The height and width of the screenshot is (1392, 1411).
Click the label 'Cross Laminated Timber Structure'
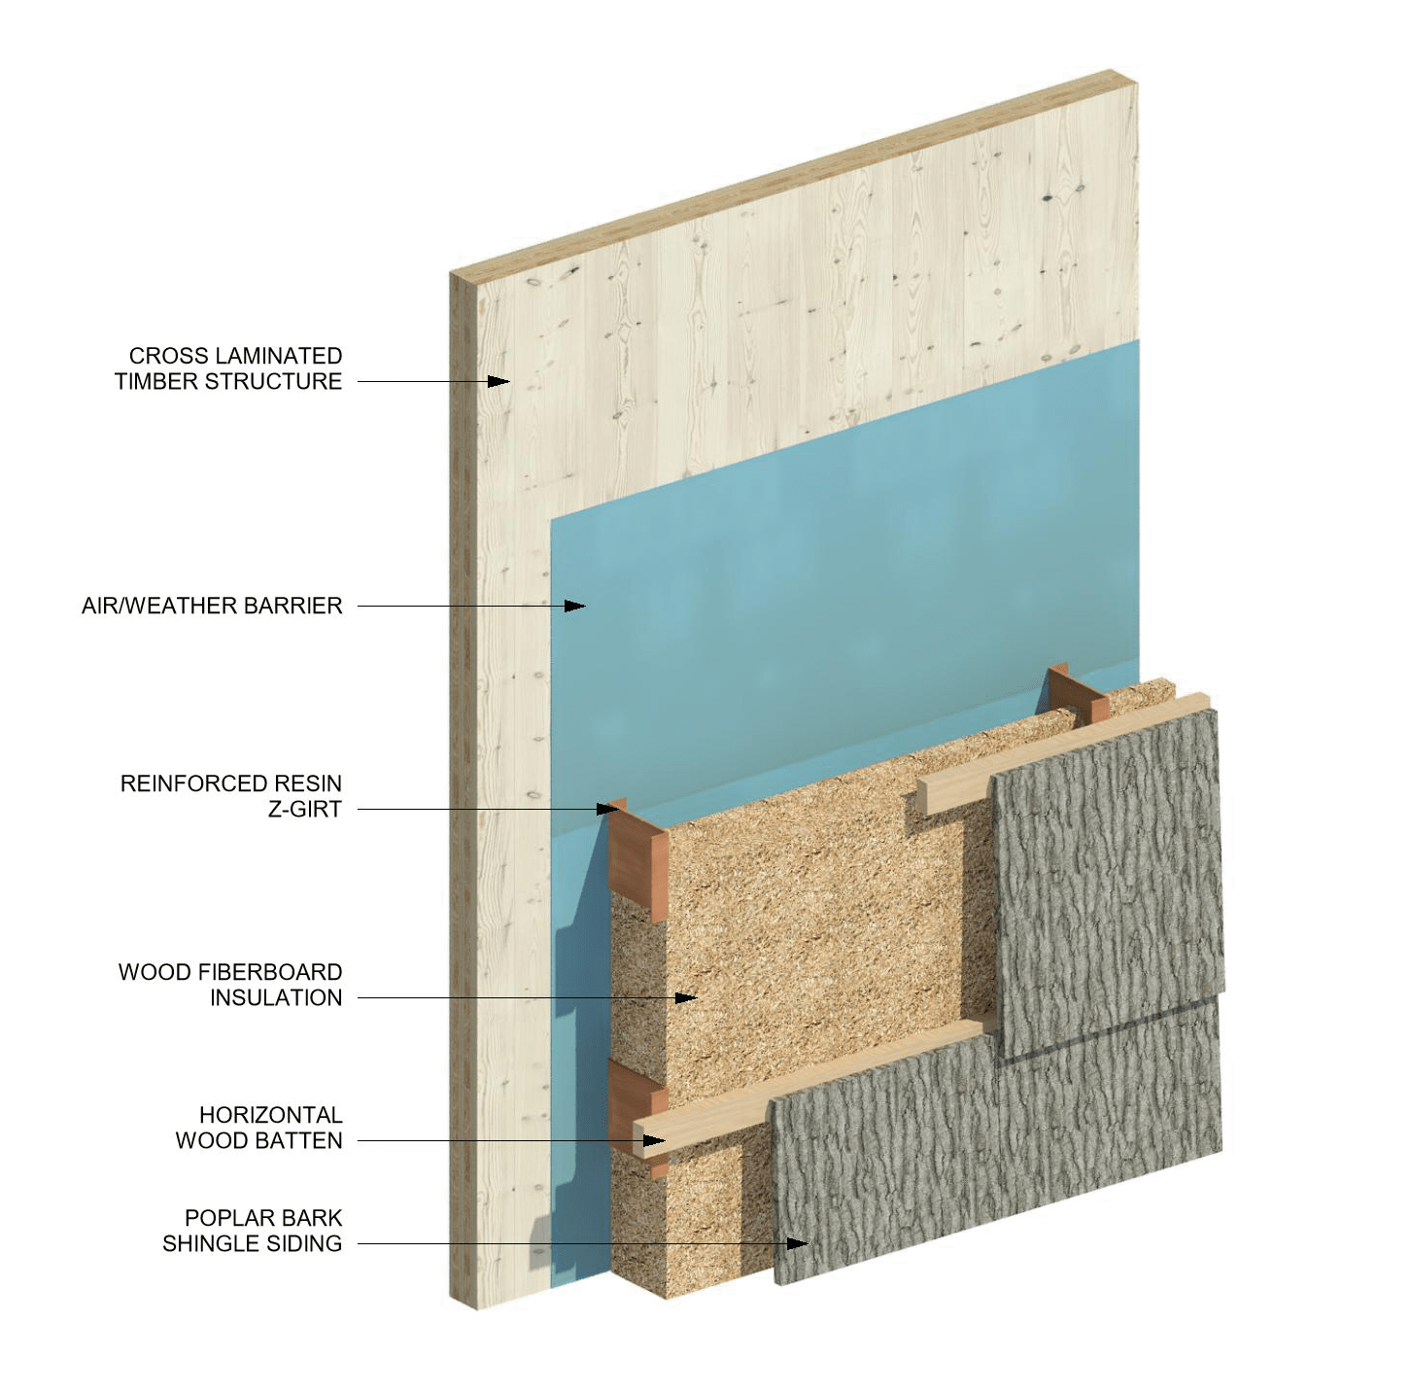[229, 368]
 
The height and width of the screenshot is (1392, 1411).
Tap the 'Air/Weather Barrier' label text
[211, 607]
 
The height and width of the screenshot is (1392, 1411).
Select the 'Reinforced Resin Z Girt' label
[231, 796]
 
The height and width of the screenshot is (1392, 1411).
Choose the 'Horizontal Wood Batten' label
[260, 1128]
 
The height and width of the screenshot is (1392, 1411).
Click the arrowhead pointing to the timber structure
[499, 381]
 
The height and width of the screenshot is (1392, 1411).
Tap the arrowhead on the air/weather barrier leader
[576, 607]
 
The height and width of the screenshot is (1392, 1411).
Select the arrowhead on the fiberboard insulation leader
[687, 996]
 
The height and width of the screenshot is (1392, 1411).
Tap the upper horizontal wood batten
[952, 792]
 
